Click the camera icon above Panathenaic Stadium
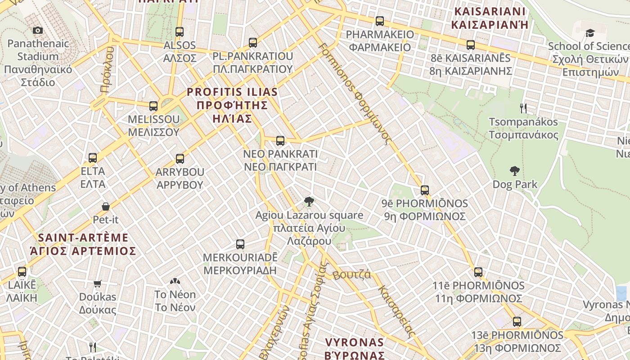pos(38,30)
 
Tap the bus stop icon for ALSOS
pos(180,32)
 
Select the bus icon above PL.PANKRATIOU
pos(253,43)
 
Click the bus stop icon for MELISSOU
pos(153,106)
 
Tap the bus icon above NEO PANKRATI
pos(280,141)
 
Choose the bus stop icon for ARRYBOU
pos(180,159)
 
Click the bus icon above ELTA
pos(93,158)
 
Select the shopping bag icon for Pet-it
pos(106,207)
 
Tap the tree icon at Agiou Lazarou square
pos(309,202)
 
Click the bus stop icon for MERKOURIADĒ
pos(240,244)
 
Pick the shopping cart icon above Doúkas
pos(98,283)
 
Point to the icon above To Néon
pos(175,282)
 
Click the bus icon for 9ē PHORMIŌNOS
pos(425,190)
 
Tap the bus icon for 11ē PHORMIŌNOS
pos(478,272)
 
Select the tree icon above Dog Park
pos(515,171)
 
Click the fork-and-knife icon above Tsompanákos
pos(523,108)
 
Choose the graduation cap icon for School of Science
pos(590,33)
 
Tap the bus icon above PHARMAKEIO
pos(380,21)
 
